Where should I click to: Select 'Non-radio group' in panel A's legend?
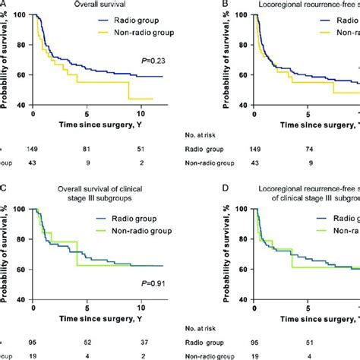(x=115, y=36)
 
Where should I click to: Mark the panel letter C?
(x=4, y=188)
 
